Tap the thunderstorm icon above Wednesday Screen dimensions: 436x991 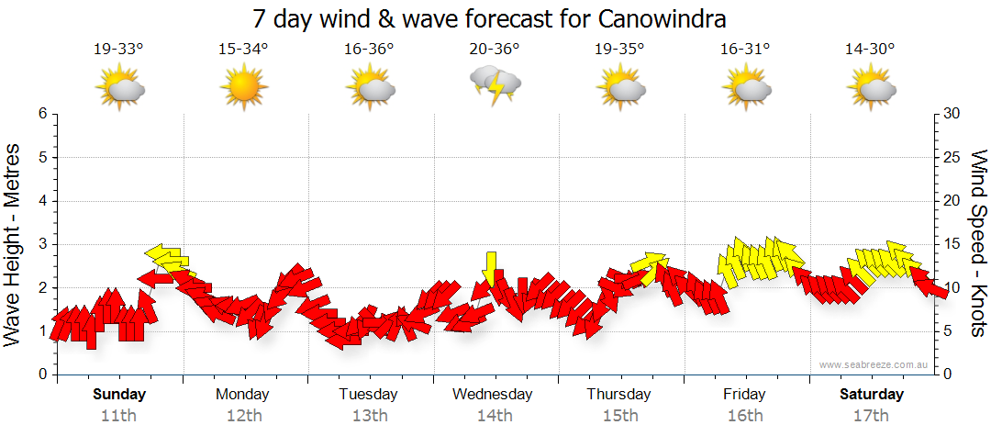495,84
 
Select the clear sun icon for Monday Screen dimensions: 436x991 243,88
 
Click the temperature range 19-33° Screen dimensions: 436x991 118,50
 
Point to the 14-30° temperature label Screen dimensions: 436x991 870,50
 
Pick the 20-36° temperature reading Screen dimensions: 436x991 495,50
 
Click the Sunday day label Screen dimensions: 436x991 119,395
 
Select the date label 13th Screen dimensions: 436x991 369,415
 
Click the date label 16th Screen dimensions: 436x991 744,415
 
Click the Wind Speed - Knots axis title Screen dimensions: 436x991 976,244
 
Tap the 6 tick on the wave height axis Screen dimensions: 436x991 42,114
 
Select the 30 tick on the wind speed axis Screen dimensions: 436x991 952,114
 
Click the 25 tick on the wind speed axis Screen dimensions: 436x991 952,157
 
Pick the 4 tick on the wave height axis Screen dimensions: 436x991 42,201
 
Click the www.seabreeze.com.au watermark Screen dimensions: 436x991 875,364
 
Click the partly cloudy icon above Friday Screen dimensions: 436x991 746,88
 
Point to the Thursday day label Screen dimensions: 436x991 619,395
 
